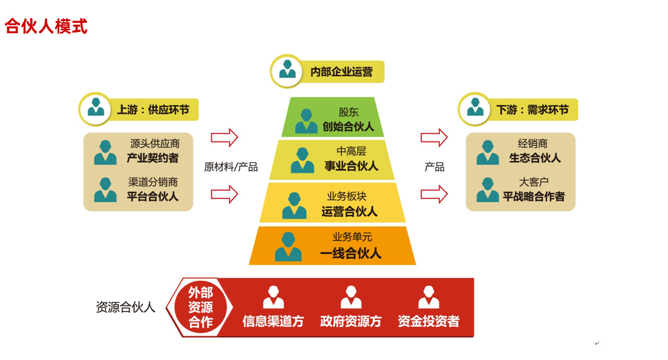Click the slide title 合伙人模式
(x=46, y=26)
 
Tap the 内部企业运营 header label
(x=341, y=72)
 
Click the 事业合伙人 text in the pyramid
(x=351, y=166)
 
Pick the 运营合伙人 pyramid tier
(x=332, y=203)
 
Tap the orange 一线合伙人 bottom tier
(x=332, y=245)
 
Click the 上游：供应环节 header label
(x=152, y=109)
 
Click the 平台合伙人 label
(x=152, y=197)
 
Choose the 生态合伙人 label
(x=535, y=158)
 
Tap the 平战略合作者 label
(x=534, y=197)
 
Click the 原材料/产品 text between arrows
(x=231, y=167)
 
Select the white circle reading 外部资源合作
(x=200, y=307)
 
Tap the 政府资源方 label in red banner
(x=351, y=321)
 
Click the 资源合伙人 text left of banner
(x=126, y=307)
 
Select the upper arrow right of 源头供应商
(x=224, y=137)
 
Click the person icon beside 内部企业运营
(x=287, y=71)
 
